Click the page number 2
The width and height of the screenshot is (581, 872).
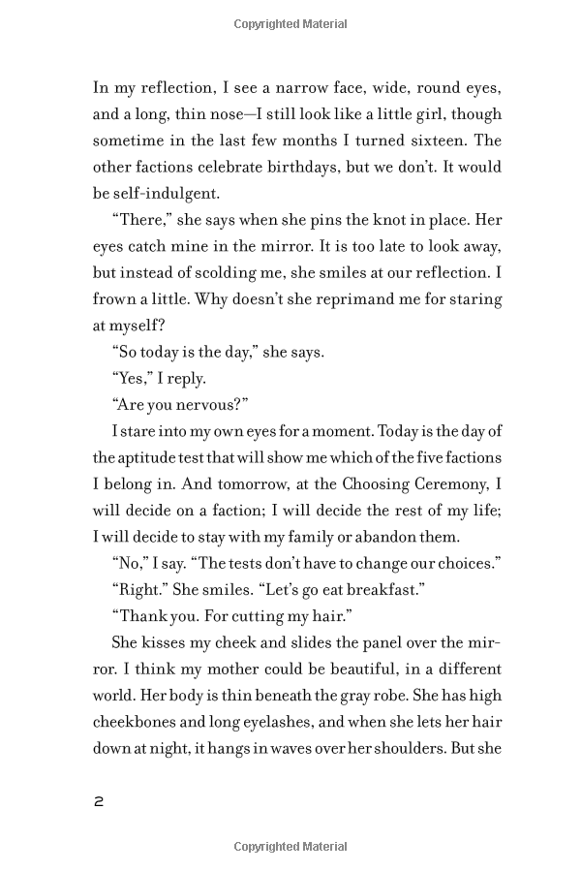click(x=98, y=801)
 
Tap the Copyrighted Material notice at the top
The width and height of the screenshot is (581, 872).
click(x=290, y=23)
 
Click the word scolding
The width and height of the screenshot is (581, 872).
click(x=229, y=272)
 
